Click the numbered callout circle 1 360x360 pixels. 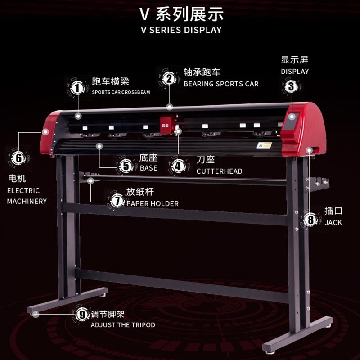point(78,87)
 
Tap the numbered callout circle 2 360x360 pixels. point(169,79)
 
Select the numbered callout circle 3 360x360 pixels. point(291,86)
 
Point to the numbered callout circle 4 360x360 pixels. point(179,165)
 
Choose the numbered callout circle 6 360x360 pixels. point(18,158)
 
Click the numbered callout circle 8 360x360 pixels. point(310,220)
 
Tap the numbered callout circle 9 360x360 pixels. point(81,315)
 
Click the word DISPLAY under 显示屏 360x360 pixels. point(295,72)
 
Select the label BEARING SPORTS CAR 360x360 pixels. point(221,84)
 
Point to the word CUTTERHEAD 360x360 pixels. point(219,171)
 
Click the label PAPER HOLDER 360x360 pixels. point(152,204)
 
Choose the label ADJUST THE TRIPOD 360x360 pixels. point(123,325)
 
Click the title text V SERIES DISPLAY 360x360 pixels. point(180,30)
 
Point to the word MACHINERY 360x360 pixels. point(27,201)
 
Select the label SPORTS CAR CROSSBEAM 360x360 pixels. point(121,92)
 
